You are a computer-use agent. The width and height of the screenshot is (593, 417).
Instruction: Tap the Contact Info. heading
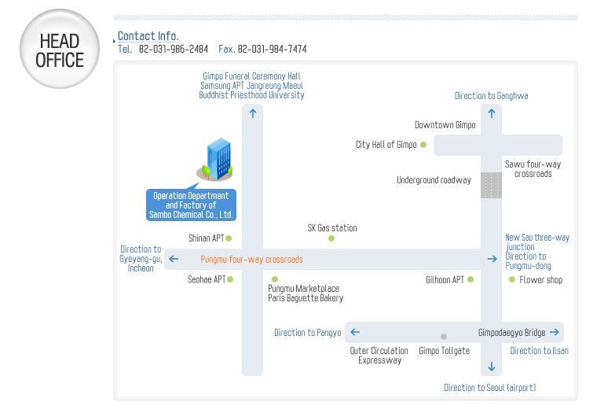pyautogui.click(x=148, y=36)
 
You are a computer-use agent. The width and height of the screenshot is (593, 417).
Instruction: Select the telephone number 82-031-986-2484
pyautogui.click(x=174, y=49)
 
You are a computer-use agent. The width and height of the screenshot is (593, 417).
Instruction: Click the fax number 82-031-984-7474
pyautogui.click(x=272, y=49)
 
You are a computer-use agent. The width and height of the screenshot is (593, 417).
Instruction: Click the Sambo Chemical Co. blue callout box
pyautogui.click(x=191, y=205)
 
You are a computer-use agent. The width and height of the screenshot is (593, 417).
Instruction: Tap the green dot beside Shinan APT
pyautogui.click(x=229, y=238)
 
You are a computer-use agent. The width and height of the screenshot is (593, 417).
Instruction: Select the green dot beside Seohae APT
pyautogui.click(x=230, y=279)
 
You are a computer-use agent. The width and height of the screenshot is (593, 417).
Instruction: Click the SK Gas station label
pyautogui.click(x=331, y=228)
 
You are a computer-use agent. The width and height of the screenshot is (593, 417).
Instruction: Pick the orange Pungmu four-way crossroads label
pyautogui.click(x=251, y=260)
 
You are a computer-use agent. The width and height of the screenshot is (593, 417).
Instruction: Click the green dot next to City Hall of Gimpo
pyautogui.click(x=423, y=145)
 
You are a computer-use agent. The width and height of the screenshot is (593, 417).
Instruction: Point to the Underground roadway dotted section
pyautogui.click(x=491, y=186)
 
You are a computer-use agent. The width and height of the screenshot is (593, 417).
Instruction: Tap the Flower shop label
pyautogui.click(x=540, y=280)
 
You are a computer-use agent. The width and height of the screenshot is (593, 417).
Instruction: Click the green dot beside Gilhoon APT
pyautogui.click(x=470, y=279)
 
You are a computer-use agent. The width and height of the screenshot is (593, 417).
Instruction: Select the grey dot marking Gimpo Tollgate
pyautogui.click(x=444, y=337)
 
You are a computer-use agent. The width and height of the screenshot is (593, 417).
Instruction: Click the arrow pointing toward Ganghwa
pyautogui.click(x=492, y=113)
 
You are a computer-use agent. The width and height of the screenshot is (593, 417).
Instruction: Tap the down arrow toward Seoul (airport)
pyautogui.click(x=492, y=367)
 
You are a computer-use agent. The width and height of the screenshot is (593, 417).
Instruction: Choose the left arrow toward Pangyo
pyautogui.click(x=354, y=333)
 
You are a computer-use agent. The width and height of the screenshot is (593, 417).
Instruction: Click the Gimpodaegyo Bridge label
pyautogui.click(x=511, y=333)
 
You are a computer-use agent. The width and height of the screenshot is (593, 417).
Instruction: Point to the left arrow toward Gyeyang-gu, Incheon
pyautogui.click(x=174, y=260)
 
